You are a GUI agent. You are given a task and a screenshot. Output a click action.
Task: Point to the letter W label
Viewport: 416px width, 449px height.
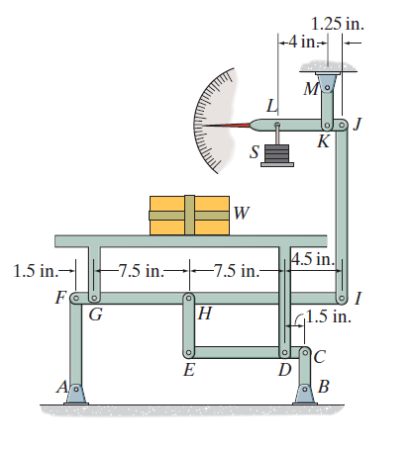click(243, 212)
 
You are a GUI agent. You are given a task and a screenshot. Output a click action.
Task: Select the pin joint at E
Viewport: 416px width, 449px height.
click(188, 351)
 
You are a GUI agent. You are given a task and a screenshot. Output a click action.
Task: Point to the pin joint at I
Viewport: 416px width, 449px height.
click(344, 297)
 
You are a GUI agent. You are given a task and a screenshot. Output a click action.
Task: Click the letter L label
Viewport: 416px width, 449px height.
click(271, 106)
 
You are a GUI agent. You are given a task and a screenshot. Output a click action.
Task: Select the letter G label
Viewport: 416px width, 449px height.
click(95, 315)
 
